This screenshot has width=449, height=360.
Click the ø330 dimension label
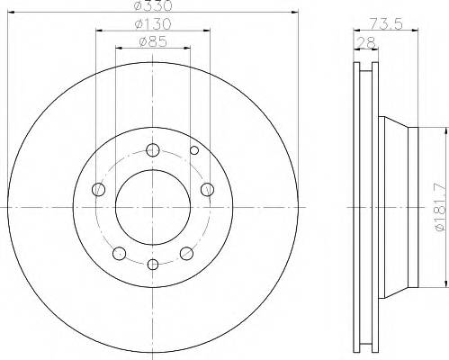click(x=150, y=7)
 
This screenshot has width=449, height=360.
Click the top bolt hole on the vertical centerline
click(x=152, y=150)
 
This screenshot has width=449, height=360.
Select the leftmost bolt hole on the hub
click(x=98, y=189)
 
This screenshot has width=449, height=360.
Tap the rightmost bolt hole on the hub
click(x=207, y=189)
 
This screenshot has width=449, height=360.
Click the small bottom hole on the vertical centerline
click(x=152, y=264)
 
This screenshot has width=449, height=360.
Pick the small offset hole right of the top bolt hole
click(x=192, y=150)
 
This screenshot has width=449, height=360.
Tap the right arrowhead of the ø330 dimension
click(x=293, y=13)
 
